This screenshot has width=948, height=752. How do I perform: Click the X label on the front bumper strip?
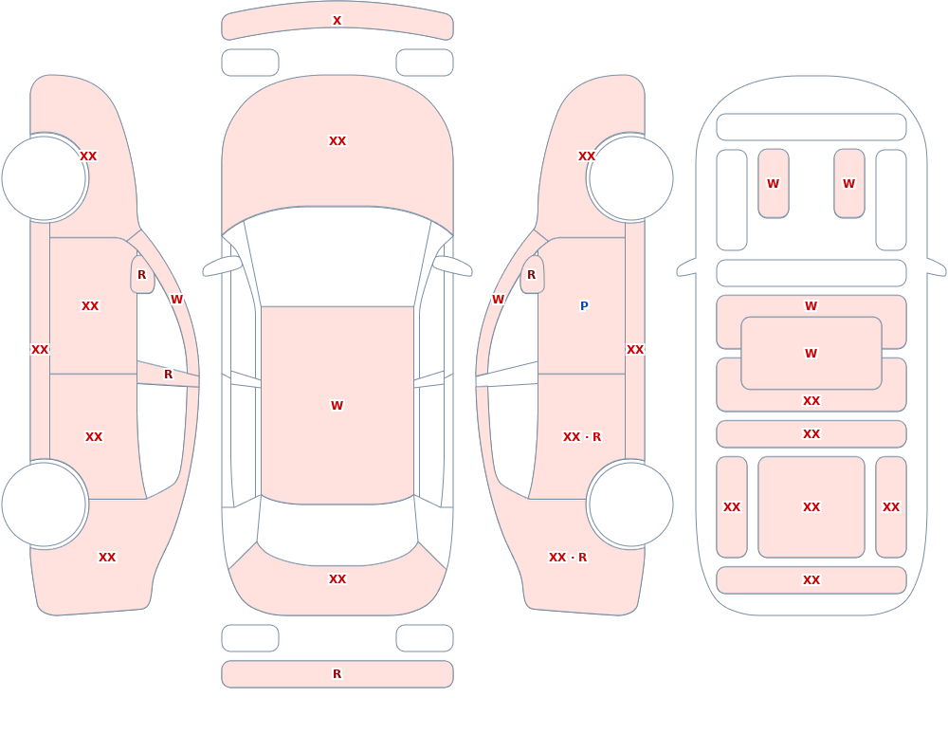click(337, 21)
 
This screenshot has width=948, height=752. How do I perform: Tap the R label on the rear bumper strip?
click(337, 674)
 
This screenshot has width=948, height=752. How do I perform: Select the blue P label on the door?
click(583, 306)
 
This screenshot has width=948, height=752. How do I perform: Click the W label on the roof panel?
click(337, 406)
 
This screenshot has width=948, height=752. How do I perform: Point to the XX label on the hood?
click(337, 141)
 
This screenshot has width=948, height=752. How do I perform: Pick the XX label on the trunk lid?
click(337, 579)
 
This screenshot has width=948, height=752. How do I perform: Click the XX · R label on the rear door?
click(582, 437)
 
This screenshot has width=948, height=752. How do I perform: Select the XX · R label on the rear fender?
click(567, 558)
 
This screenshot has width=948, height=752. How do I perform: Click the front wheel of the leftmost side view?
click(45, 178)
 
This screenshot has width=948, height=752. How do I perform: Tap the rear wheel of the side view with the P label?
click(630, 504)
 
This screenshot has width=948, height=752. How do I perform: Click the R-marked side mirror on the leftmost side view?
click(142, 275)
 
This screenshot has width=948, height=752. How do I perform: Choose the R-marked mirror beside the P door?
click(532, 275)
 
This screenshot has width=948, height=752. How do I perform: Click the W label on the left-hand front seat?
click(774, 183)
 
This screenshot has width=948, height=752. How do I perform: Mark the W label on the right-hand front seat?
click(848, 183)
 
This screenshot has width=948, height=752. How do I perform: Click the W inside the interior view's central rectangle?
click(811, 354)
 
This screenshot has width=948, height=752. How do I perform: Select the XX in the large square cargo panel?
click(811, 507)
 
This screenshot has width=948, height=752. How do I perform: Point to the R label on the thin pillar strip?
click(168, 375)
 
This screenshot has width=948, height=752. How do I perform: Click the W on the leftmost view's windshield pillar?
click(176, 300)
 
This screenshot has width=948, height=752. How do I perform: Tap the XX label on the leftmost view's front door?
click(90, 306)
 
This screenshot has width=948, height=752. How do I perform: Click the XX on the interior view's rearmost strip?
click(811, 580)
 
